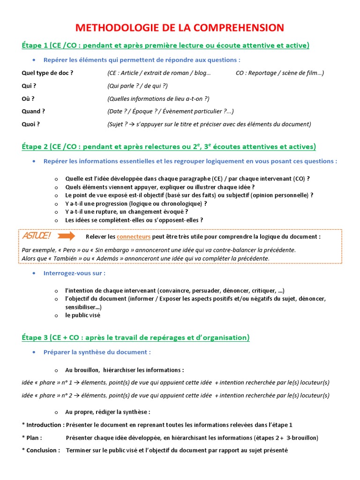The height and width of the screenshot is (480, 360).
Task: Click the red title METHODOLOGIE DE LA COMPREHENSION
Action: (180, 28)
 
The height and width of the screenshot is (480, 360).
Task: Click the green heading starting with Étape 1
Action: (165, 45)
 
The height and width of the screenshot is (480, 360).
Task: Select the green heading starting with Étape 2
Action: (169, 147)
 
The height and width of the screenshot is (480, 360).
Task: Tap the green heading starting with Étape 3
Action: (135, 337)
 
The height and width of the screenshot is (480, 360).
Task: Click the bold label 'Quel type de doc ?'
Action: (47, 73)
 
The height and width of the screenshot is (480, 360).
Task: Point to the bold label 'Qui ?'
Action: (29, 86)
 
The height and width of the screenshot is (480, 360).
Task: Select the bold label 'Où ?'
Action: (28, 99)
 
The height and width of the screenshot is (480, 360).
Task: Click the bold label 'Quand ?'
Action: (33, 112)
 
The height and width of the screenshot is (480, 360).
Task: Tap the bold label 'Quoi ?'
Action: (31, 124)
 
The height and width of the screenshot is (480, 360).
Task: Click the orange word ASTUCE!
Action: (37, 236)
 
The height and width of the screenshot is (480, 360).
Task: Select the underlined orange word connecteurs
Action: (133, 237)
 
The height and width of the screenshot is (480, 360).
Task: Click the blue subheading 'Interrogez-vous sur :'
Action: (75, 273)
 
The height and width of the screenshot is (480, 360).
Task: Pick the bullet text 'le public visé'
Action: (82, 315)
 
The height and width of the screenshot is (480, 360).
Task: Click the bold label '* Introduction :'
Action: (43, 425)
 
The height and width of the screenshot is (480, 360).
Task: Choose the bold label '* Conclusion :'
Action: (41, 450)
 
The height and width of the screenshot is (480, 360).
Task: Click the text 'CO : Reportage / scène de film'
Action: (279, 73)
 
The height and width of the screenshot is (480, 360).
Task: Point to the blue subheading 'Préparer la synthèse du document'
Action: (97, 352)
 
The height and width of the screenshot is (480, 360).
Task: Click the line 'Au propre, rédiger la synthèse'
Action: (108, 412)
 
